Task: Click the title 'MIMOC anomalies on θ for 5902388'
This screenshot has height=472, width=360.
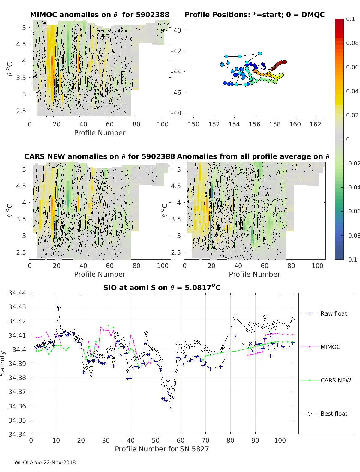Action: pos(100,15)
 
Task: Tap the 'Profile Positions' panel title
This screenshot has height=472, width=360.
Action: pos(254,15)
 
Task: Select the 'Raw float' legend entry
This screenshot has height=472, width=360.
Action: pos(334,313)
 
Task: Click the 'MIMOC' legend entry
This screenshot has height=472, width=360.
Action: pos(330,347)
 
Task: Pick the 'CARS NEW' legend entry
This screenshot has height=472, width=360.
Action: pos(335,380)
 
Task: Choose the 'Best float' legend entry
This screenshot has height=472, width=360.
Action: pos(334,414)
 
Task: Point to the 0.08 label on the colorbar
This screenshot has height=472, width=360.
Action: pos(352,43)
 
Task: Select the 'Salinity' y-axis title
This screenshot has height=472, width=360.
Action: pos(3,364)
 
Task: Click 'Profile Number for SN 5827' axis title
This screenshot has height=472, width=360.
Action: pos(162,449)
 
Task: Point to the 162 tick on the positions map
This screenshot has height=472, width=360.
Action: pos(315,124)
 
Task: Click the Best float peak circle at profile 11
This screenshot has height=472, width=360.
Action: pos(58,308)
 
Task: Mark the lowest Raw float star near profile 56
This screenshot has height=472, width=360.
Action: pos(171,408)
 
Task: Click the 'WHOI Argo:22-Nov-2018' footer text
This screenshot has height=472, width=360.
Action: pos(45,462)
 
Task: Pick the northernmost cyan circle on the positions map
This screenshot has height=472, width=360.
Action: pos(260,53)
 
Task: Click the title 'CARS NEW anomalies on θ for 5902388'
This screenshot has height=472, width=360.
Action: pos(100,156)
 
